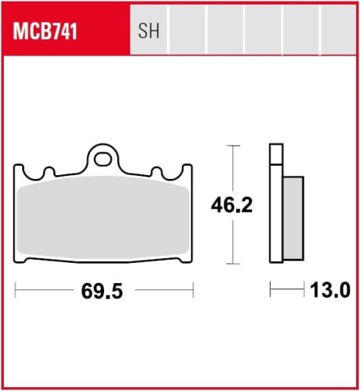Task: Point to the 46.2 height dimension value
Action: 232,206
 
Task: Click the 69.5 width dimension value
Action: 103,292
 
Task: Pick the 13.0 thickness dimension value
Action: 329,292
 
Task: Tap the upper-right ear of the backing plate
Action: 185,171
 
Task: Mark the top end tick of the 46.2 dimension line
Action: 231,145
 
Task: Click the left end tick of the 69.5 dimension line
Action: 16,292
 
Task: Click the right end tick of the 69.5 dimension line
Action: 193,292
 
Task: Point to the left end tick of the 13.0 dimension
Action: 270,292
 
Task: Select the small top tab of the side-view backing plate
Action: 275,155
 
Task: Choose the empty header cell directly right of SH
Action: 189,32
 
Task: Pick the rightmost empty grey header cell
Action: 338,32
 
